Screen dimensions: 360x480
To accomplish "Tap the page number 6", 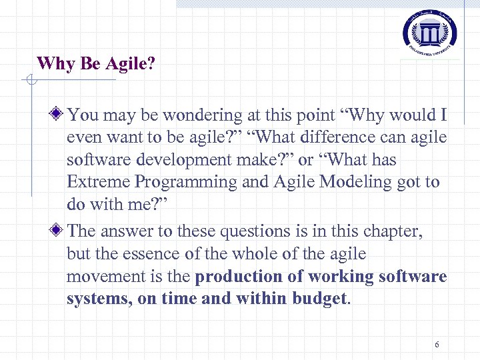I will [437, 345].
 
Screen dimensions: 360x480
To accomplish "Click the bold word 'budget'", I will [319, 299].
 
